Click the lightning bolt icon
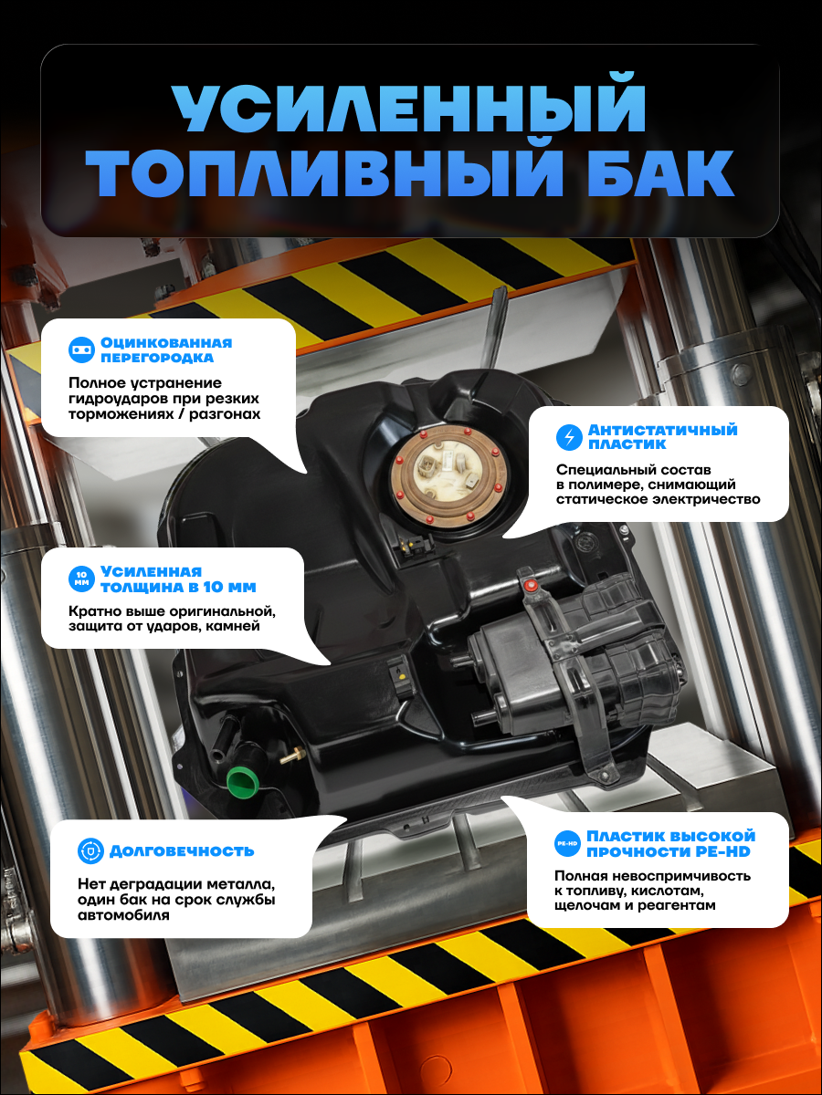(x=569, y=437)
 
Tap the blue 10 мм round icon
(x=81, y=579)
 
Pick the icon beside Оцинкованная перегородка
(x=81, y=349)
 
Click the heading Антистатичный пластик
(x=663, y=437)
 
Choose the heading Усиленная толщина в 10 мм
(x=178, y=579)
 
